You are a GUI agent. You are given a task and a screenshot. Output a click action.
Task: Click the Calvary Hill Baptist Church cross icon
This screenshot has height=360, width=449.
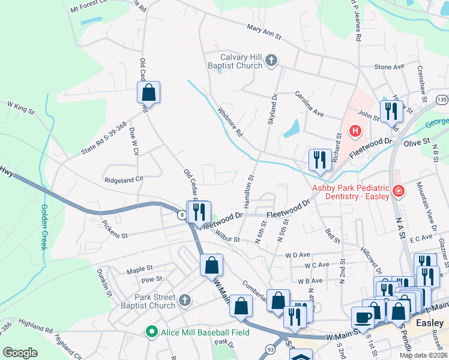pyautogui.click(x=271, y=60)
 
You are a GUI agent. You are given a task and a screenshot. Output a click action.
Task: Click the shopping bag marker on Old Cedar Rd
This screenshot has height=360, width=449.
pyautogui.click(x=148, y=93)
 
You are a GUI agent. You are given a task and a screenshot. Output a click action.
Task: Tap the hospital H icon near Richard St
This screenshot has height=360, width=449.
pyautogui.click(x=355, y=130)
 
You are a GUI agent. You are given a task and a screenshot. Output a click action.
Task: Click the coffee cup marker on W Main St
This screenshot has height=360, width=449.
pyautogui.click(x=363, y=317)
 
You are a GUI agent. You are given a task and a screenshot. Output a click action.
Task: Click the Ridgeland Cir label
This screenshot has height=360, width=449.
pyautogui.click(x=124, y=179)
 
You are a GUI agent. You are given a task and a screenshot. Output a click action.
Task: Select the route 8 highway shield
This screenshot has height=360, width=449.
pyautogui.click(x=181, y=214)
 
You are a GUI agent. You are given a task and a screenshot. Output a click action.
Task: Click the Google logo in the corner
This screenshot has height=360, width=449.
pyautogui.click(x=20, y=353)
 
